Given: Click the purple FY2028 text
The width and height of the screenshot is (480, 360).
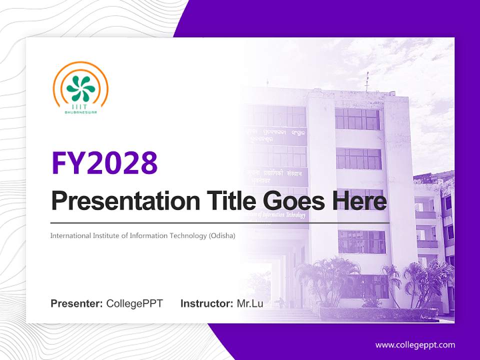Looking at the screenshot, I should tap(104, 163).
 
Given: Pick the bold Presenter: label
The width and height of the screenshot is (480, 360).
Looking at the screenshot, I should tap(76, 303).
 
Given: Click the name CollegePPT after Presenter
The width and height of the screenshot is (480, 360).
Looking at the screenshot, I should tap(134, 303).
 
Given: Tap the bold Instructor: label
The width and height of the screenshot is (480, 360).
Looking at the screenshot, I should tap(206, 303).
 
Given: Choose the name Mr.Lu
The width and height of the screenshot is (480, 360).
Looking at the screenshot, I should tap(249, 303).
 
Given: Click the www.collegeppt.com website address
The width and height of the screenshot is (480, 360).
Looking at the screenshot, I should tap(415, 345).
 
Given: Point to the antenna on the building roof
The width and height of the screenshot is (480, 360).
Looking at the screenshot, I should tap(366, 81).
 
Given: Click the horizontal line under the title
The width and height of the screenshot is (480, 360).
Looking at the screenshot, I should tap(220, 223).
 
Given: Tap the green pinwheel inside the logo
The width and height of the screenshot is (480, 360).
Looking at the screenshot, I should tap(80, 88).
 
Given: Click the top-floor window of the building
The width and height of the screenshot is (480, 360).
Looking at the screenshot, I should tap(357, 119).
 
